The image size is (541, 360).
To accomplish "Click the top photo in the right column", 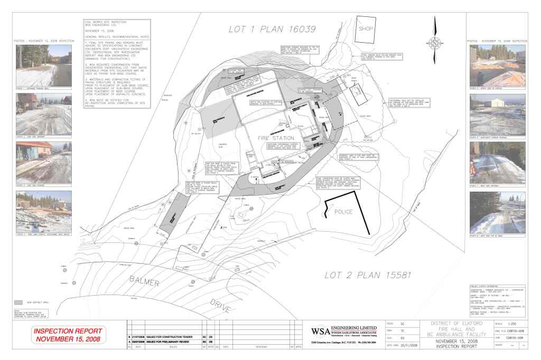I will pos(497,65).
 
